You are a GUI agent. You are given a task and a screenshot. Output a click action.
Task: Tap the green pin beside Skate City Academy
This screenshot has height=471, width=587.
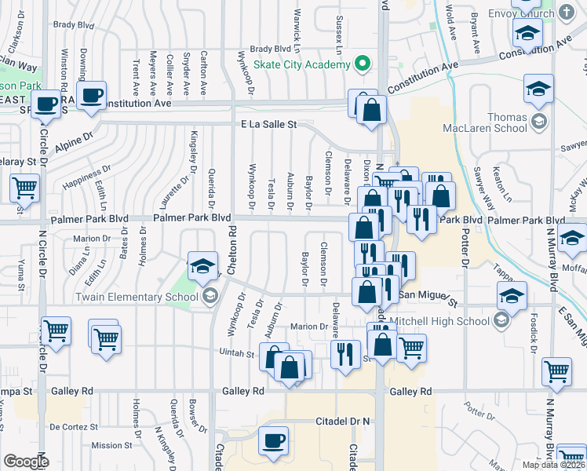coord(362,64)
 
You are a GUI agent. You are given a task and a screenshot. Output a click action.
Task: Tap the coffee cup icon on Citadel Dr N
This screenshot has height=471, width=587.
coord(273,441)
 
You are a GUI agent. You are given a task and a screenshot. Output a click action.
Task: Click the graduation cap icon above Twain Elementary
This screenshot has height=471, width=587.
coord(202,266)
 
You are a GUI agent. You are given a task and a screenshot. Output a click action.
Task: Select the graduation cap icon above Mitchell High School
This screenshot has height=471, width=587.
coord(512,297)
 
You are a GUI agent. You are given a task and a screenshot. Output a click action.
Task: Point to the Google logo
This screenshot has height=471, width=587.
coord(27,462)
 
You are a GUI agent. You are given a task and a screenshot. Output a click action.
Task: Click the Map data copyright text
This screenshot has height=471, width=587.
coord(553,465)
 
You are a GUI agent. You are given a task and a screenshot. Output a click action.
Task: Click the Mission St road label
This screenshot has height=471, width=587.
coord(107,445)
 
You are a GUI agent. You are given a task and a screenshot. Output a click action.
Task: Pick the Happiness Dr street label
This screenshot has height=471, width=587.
coord(86,176)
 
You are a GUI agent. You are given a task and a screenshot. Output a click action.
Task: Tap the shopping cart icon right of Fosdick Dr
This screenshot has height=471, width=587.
coord(556,371)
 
